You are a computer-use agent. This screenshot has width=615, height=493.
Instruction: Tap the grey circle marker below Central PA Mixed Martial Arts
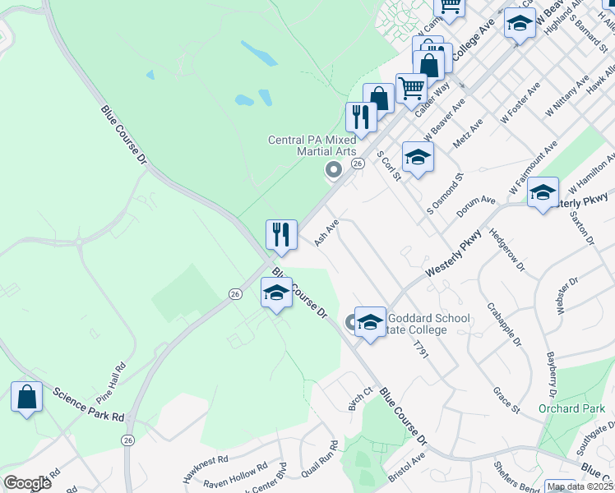coord(333,170)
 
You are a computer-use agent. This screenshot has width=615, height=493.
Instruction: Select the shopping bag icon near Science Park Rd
coord(26,397)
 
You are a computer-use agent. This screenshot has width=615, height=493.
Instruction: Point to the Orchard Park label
coord(566,408)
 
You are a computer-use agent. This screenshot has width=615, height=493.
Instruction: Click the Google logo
coord(27,483)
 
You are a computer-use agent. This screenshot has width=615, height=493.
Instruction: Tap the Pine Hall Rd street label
coord(113,376)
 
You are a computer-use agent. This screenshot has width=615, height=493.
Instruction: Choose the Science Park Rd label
coord(88,403)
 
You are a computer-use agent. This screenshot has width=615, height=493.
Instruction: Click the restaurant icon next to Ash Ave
coord(281,234)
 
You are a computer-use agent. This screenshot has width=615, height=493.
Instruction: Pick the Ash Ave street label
coord(326,233)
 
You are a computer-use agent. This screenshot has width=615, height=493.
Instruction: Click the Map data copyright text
coord(579,486)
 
